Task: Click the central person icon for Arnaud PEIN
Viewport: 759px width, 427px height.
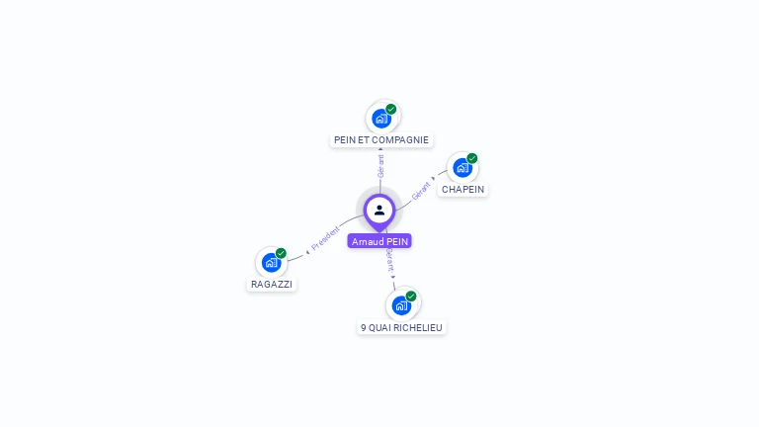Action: click(379, 210)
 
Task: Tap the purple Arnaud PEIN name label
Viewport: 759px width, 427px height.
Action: click(379, 241)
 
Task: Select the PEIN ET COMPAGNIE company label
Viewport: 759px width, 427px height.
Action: click(381, 140)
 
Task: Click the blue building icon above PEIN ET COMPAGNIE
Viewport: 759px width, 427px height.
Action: click(381, 119)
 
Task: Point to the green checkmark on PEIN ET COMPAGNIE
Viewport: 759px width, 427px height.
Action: click(391, 109)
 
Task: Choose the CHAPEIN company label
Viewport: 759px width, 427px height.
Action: click(463, 189)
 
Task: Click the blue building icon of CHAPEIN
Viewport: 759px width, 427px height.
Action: click(462, 168)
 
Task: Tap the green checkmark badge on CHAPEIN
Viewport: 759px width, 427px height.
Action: click(472, 158)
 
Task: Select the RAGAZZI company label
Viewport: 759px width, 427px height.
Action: click(272, 284)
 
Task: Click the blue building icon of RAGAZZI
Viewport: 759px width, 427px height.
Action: click(271, 263)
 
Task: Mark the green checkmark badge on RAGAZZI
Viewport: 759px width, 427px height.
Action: click(282, 253)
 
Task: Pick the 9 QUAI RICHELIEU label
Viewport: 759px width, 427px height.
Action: click(402, 327)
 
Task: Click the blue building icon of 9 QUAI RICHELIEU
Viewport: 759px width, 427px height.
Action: click(401, 305)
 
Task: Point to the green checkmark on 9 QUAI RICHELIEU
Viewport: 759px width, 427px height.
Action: click(411, 296)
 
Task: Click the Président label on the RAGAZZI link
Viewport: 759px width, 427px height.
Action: click(325, 239)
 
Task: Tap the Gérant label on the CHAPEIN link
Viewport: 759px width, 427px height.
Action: click(421, 190)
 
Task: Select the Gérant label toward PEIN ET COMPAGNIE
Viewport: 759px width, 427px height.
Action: click(380, 165)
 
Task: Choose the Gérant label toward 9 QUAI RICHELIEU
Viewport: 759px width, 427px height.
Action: click(390, 261)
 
